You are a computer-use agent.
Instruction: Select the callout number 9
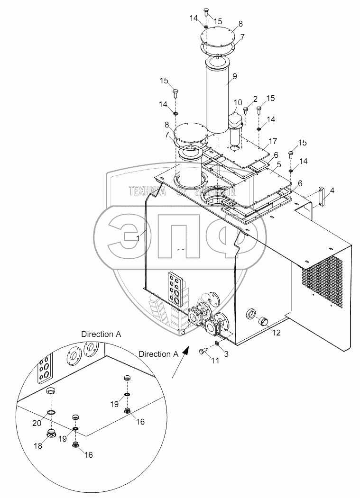(235, 75)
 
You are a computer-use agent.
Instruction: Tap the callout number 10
(238, 102)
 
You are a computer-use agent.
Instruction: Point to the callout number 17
(273, 141)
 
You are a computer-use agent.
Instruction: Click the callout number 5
(279, 164)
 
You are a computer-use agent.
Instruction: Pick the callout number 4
(332, 191)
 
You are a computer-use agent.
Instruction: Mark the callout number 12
(276, 333)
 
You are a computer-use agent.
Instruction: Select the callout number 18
(38, 446)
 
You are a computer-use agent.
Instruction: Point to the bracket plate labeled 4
(322, 197)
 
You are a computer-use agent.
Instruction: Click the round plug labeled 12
(264, 323)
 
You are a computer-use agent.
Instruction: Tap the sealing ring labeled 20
(51, 413)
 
